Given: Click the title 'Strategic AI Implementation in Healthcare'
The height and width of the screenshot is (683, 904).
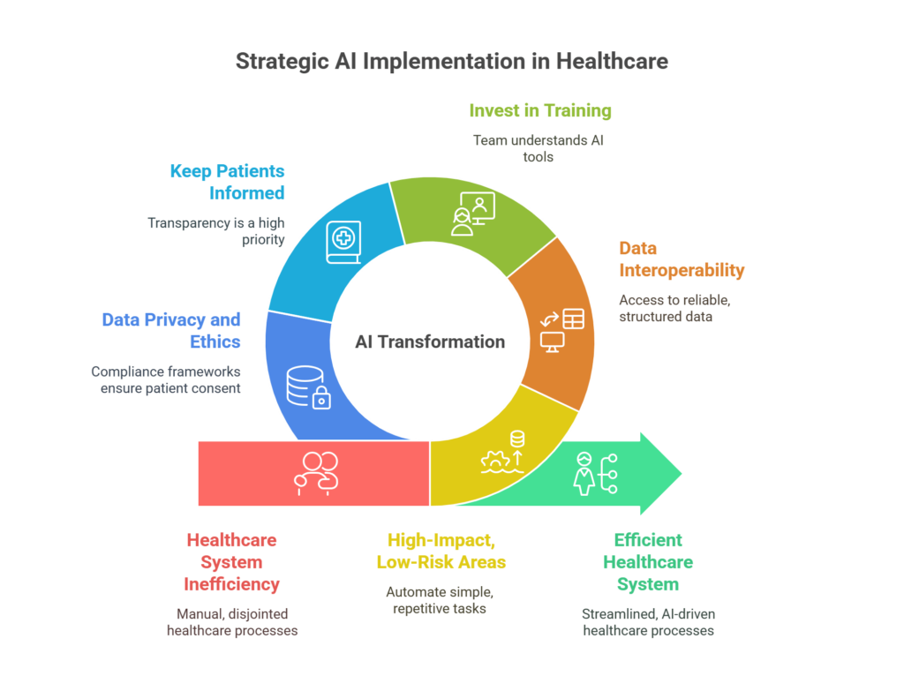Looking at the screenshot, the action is click(452, 61).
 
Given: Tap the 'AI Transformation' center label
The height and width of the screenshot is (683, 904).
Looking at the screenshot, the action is click(430, 341).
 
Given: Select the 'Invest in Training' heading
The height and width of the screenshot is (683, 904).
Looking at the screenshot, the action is click(540, 110).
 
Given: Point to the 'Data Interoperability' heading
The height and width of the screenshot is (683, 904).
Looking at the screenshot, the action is click(682, 259).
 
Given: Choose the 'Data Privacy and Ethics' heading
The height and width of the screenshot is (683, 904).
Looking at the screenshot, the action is click(171, 330).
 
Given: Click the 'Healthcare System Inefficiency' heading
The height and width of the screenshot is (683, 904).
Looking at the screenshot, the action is click(232, 562).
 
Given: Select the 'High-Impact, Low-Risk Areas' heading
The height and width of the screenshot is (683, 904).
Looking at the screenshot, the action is click(441, 551).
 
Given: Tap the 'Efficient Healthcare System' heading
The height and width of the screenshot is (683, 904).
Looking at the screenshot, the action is click(648, 562).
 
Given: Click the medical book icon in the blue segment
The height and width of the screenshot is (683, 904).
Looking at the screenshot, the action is click(343, 242).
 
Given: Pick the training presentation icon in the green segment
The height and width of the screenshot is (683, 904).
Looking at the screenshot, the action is click(473, 214).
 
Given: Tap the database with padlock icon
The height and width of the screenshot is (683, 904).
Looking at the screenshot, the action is click(308, 387).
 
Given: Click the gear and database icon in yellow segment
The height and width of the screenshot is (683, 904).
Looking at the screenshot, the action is click(503, 453).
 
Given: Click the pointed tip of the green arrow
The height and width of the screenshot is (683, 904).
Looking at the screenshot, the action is click(682, 474).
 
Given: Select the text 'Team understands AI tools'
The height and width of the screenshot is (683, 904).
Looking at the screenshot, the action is click(539, 149).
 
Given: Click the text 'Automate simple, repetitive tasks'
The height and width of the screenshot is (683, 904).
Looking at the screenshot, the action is click(440, 600).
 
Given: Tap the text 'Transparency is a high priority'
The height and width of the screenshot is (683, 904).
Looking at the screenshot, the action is click(216, 231).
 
